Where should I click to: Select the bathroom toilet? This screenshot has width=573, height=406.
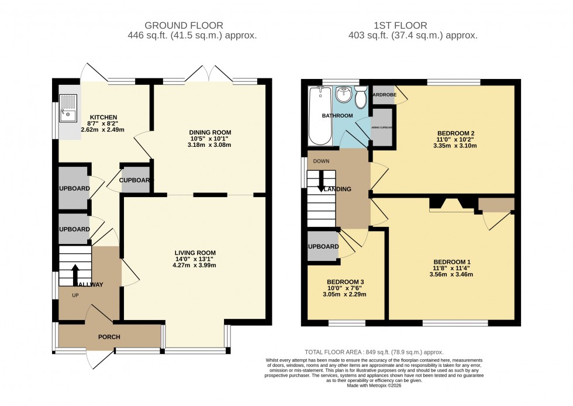coord(360,98)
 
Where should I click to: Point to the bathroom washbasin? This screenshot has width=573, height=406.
coord(343,94)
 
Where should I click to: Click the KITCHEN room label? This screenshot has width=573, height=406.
coord(103,117)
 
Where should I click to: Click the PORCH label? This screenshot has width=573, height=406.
coord(109,337)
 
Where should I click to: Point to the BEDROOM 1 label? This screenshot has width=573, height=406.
coord(452,262)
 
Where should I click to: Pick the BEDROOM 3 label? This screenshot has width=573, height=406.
coord(346,281)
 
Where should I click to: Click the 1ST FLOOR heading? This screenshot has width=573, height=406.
coord(401,25)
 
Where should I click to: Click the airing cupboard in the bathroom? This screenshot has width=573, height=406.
coord(382,131)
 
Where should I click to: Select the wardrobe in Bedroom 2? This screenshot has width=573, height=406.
coord(383,95)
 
